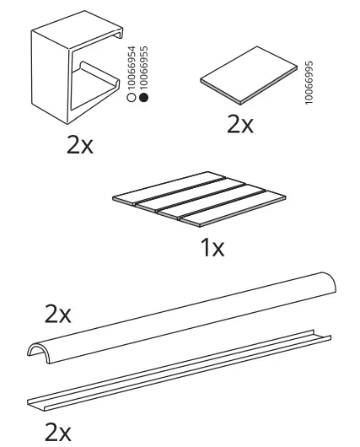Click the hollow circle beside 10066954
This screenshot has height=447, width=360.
point(132,100)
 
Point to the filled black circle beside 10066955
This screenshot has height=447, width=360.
point(143,100)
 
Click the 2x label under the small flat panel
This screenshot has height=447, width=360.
point(240,125)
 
